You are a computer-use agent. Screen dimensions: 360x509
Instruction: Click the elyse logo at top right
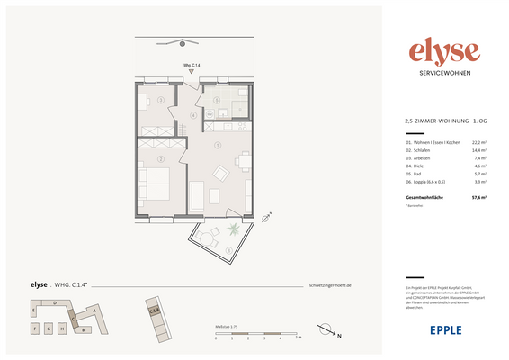(x=444, y=51)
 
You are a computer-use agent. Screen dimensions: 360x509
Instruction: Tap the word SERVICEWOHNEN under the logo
(x=444, y=73)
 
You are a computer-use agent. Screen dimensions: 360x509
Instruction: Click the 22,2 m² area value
(x=478, y=142)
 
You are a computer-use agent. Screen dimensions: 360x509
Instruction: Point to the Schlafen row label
(x=418, y=150)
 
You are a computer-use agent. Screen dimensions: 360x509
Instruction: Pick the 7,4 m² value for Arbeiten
(x=479, y=158)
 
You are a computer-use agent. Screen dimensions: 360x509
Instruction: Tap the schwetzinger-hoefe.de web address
(x=335, y=284)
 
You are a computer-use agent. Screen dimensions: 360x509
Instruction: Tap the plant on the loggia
(x=234, y=229)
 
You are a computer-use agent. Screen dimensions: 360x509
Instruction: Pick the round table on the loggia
(x=214, y=238)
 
